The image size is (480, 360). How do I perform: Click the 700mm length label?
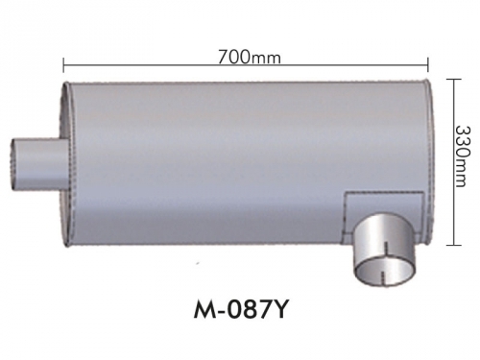point(250,58)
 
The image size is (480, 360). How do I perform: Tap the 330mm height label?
point(463,156)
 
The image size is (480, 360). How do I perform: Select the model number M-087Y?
point(240,309)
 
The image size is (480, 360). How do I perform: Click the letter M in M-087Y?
point(204,309)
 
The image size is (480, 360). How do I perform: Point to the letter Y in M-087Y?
point(277,309)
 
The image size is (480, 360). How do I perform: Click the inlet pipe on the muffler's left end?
point(39,164)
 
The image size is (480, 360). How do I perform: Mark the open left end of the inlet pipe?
point(12,164)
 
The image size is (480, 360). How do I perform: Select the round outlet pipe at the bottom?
point(383,249)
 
